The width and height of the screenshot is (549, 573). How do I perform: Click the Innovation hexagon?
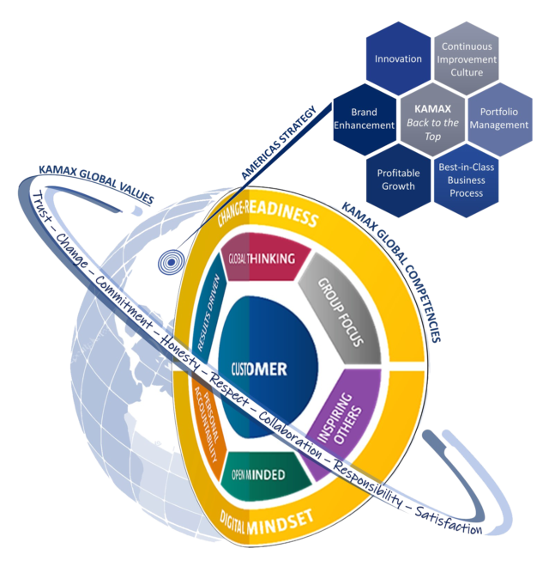click(398, 58)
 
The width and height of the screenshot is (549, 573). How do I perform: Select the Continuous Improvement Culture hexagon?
click(465, 60)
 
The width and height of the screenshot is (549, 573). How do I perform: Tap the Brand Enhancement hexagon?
click(365, 119)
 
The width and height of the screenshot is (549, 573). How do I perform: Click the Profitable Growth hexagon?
click(398, 178)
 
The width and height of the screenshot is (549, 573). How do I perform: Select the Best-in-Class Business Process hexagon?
click(465, 180)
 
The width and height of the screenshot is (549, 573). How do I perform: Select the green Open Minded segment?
click(265, 475)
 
